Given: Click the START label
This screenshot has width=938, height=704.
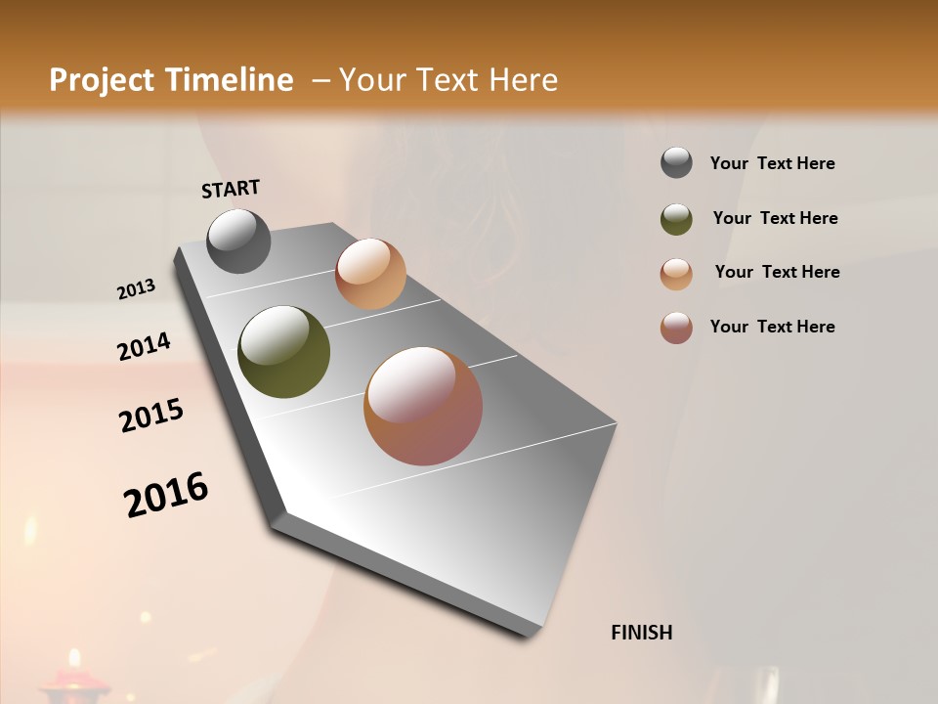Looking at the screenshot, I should coord(231,189).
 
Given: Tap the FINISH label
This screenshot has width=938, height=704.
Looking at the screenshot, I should coord(641,633).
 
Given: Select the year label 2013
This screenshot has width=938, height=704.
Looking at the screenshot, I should coord(136,289).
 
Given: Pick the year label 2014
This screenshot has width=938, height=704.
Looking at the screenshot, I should coord(144,347).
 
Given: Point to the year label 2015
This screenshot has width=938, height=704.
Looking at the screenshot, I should coord(151,417).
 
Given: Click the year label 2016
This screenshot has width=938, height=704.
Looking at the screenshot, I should coord(166,495).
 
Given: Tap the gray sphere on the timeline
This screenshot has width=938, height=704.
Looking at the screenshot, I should coord(238,241).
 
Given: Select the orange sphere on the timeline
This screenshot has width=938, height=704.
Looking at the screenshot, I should coord(370,274).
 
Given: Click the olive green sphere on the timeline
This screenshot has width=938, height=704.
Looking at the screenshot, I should coord(284,352).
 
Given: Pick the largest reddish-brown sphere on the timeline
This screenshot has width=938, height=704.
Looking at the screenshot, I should coord(423,406).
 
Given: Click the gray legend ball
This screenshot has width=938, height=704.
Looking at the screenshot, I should coord(676,163).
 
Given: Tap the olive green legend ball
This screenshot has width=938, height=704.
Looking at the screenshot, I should coord(676,218).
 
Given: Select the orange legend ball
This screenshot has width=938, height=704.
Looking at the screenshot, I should coord(676,273).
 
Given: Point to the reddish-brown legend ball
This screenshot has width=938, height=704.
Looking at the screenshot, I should coord(676,328).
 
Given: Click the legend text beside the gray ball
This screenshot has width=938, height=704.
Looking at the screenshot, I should coord(772,163).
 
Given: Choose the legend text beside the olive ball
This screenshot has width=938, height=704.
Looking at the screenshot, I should coord(775,218).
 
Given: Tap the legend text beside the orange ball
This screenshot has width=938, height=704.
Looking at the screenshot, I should coord(777,272).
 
